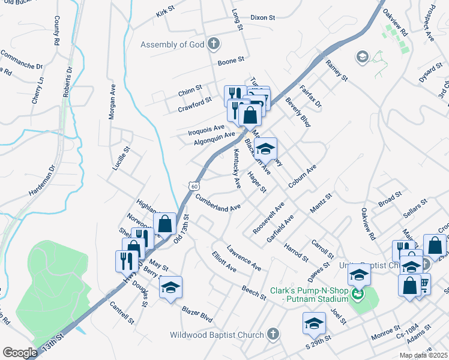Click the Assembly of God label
coord(172,44)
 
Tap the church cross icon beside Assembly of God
coord(213,43)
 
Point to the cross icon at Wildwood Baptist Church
coord(273,334)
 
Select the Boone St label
coord(231,61)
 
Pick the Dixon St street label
coord(262,18)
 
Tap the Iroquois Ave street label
coord(206,128)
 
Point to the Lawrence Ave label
coord(244,256)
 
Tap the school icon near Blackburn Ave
coord(265,148)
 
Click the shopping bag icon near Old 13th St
coord(164,224)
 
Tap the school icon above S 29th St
coord(314,323)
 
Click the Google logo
coord(20,353)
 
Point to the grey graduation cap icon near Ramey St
coord(362,57)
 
